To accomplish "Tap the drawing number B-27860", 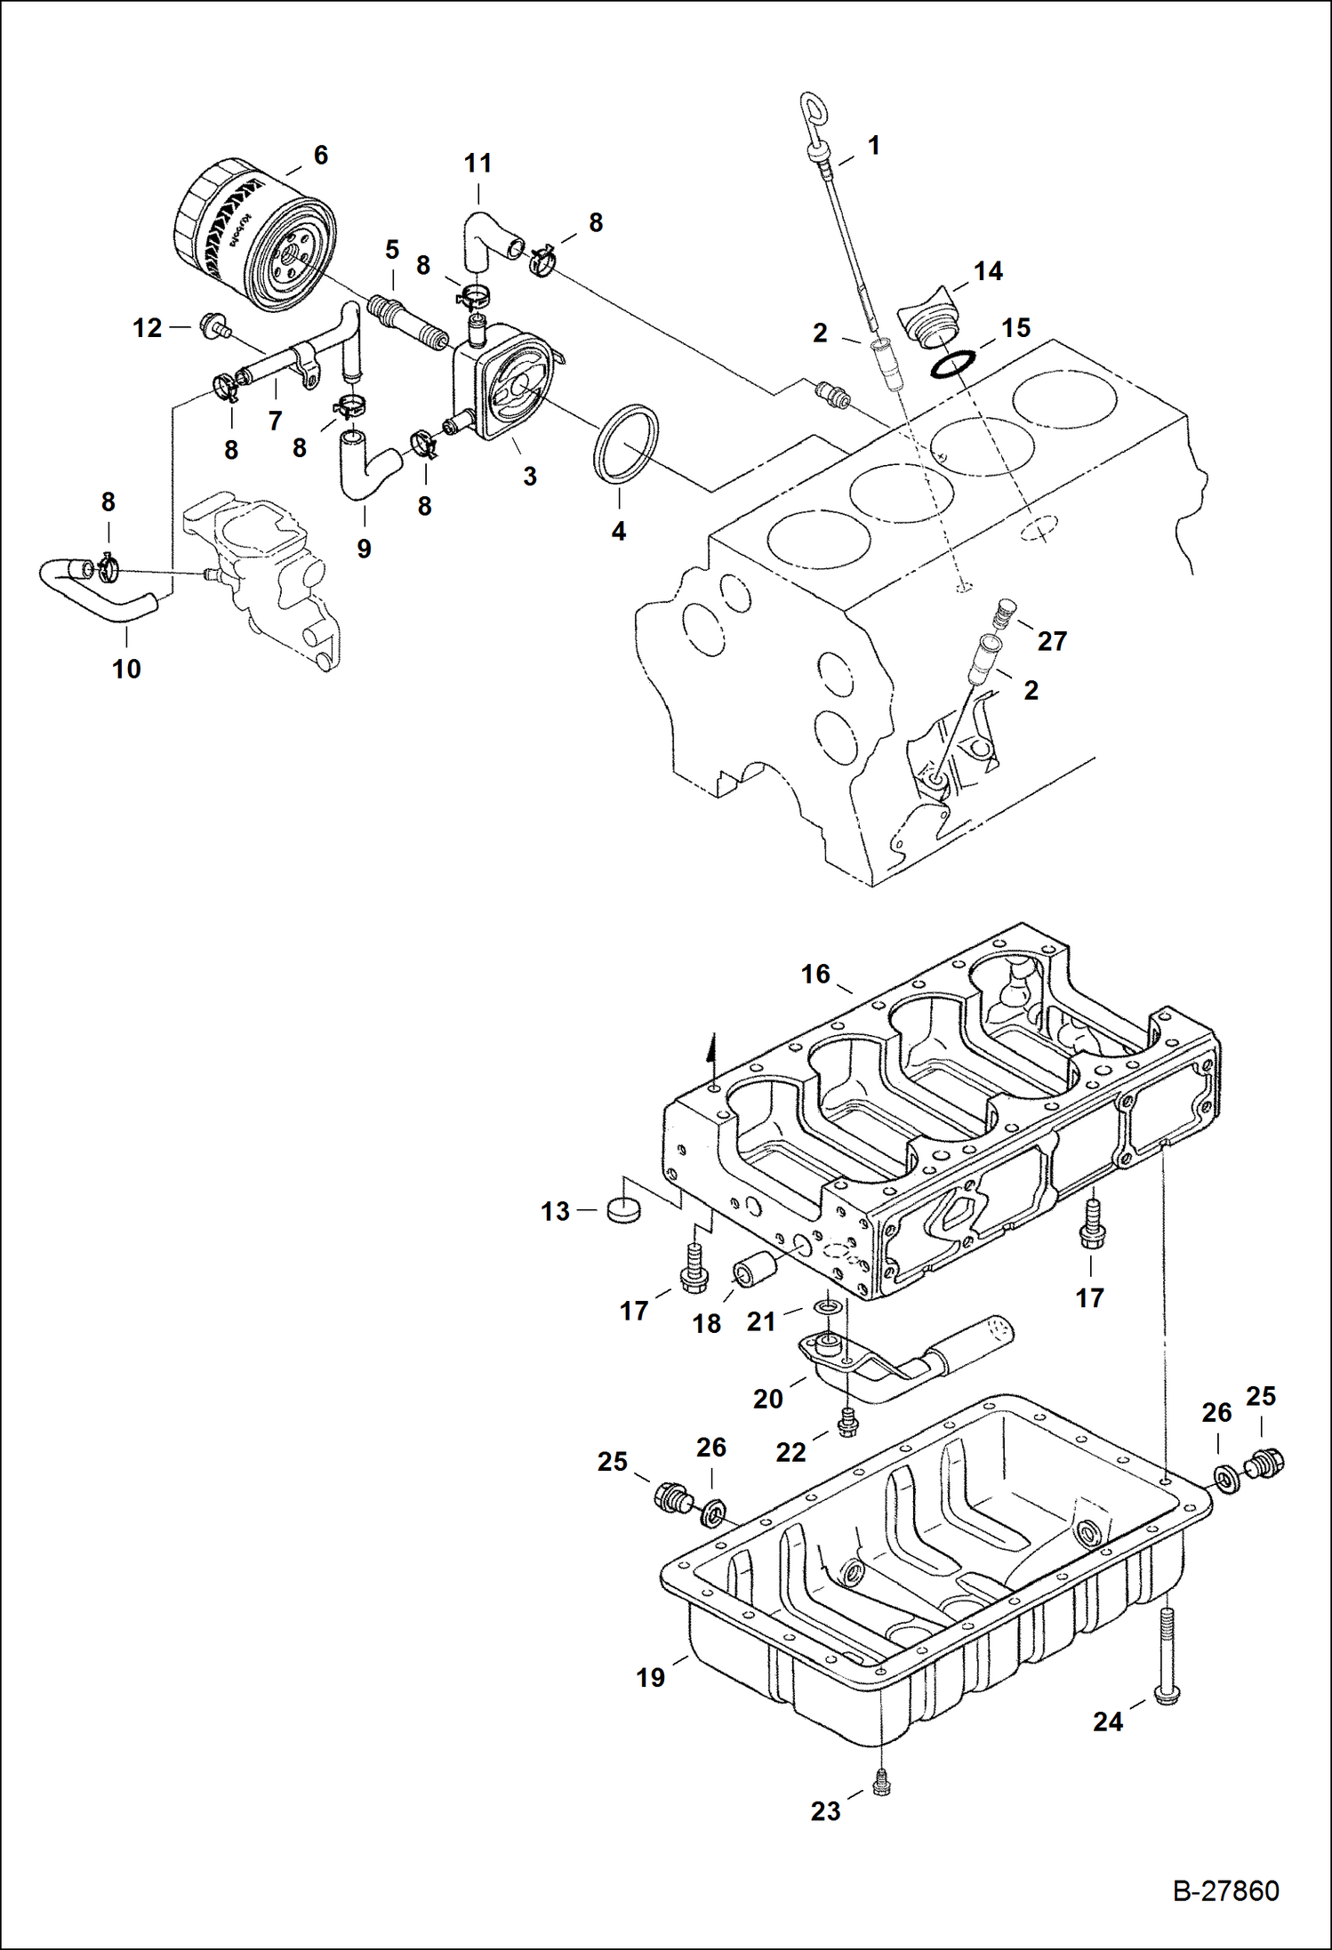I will [1225, 1890].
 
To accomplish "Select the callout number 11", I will [477, 163].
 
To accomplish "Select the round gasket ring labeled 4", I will [626, 444].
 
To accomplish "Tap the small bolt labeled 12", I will [213, 326].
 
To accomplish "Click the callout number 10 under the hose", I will [126, 669].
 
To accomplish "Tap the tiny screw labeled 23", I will [882, 1782].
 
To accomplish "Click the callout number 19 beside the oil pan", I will [650, 1677].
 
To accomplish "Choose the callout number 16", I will [814, 974].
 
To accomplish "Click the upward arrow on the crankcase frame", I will [711, 1049].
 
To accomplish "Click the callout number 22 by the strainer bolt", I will [790, 1452].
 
